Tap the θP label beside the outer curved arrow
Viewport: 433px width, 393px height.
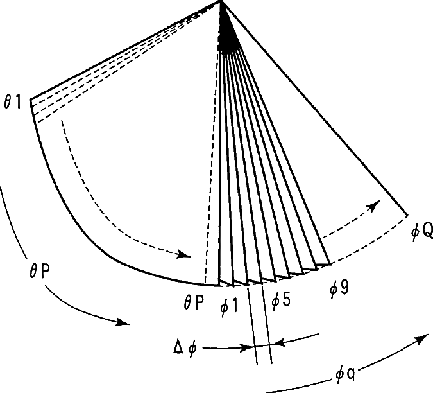coord(25,272)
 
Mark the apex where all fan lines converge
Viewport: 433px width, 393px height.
coord(221,4)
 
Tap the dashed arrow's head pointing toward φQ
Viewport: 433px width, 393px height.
coord(375,205)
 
